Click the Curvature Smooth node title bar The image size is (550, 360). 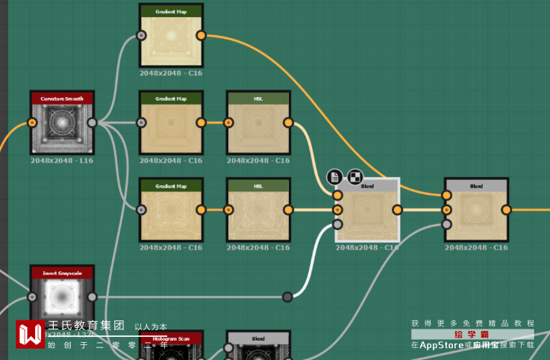pyautogui.click(x=62, y=98)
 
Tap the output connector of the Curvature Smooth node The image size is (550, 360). pyautogui.click(x=92, y=122)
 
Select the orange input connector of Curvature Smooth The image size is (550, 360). pyautogui.click(x=31, y=122)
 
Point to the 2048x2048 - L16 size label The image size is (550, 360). pyautogui.click(x=62, y=161)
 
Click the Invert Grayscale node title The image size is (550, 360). pyautogui.click(x=62, y=273)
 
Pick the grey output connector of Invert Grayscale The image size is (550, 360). pyautogui.click(x=92, y=297)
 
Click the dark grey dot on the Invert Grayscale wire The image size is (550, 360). pyautogui.click(x=287, y=297)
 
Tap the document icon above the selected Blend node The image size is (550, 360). pyautogui.click(x=335, y=177)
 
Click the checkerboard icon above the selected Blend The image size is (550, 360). pyautogui.click(x=355, y=177)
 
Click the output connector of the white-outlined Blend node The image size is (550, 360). pyautogui.click(x=398, y=210)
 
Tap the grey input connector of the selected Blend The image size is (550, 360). pyautogui.click(x=337, y=223)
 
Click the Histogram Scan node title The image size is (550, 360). pyautogui.click(x=171, y=339)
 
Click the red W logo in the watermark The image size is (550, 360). pyautogui.click(x=31, y=335)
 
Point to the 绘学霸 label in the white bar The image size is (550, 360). pyautogui.click(x=472, y=334)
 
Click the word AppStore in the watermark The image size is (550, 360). pyautogui.click(x=441, y=345)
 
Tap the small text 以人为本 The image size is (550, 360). pyautogui.click(x=151, y=326)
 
